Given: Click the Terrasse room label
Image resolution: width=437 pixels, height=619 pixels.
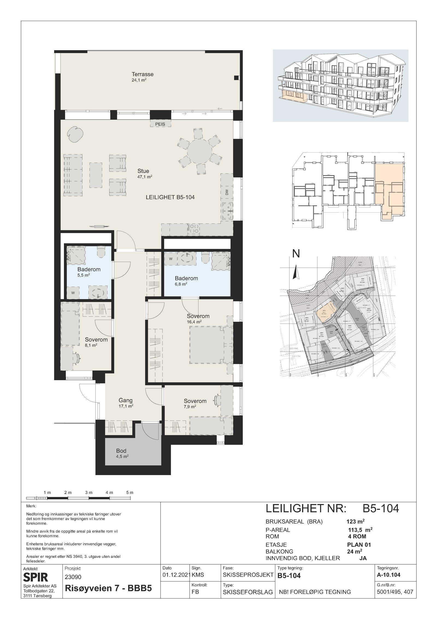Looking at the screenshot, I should [143, 74].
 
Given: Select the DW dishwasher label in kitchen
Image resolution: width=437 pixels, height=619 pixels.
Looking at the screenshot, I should [227, 193].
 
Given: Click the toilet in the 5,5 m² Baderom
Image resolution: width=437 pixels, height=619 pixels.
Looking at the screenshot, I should [101, 252].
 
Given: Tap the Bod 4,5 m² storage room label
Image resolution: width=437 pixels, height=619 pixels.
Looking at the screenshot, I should [121, 451].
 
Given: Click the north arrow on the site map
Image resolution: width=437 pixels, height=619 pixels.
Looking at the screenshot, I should [295, 273].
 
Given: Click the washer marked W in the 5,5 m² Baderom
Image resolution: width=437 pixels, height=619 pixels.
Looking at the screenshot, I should [73, 293].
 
